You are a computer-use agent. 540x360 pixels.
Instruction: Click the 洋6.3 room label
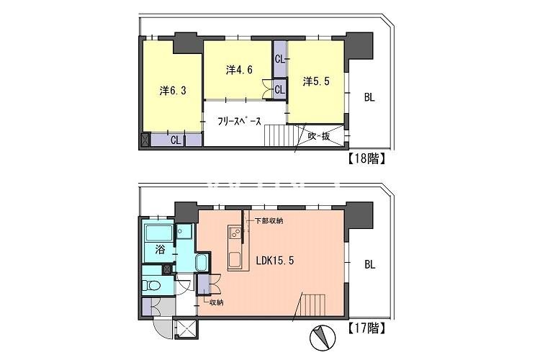173,91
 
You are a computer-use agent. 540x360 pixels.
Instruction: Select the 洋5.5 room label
315,82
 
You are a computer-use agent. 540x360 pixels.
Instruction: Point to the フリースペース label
239,122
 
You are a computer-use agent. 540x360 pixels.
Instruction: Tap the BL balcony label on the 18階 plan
369,97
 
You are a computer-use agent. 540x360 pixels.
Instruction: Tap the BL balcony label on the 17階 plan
369,264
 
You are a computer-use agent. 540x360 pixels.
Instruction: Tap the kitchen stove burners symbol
235,233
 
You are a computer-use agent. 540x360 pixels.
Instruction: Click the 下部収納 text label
267,221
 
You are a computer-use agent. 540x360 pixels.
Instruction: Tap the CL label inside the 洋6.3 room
175,140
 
